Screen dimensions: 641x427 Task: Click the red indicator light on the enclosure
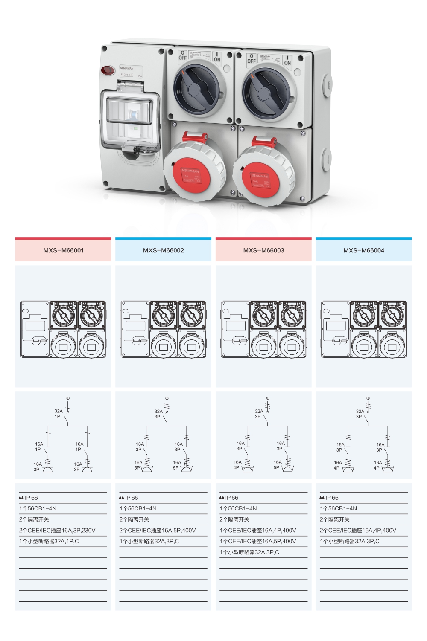[107, 70]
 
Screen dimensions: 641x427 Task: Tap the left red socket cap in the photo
[189, 175]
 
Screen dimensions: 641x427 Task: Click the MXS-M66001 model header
[63, 250]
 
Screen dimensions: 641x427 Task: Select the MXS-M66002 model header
[164, 250]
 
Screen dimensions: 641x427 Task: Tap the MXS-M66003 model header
[263, 250]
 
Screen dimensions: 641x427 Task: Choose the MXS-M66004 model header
[364, 250]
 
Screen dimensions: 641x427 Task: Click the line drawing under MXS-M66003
[263, 329]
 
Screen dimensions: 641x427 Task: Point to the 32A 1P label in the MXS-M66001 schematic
[58, 414]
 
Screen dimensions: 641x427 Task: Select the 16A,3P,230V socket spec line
[57, 531]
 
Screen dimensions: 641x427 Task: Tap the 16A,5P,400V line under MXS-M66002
[158, 531]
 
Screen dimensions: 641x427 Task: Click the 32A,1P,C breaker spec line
[49, 542]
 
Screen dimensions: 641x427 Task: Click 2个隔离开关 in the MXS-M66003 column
[234, 519]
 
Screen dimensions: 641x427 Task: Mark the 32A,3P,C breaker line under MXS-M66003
[249, 552]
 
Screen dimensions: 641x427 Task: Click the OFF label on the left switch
[182, 55]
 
